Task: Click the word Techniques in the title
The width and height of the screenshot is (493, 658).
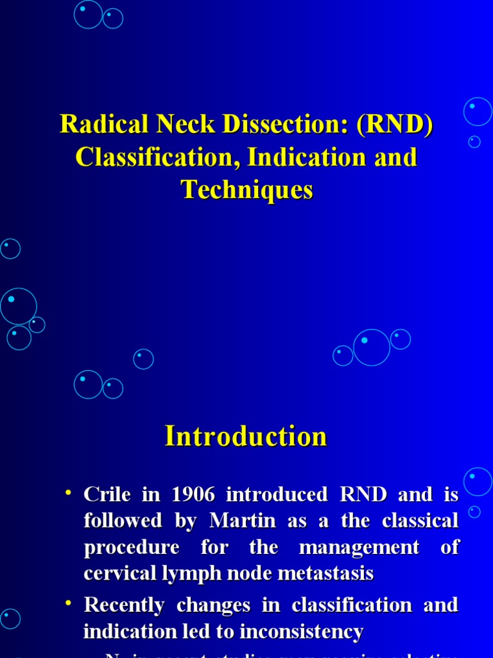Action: pyautogui.click(x=247, y=190)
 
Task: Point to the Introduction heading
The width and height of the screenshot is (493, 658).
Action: pyautogui.click(x=246, y=436)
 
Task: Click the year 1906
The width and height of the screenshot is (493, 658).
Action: pyautogui.click(x=193, y=495)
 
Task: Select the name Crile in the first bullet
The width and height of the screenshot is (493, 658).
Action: pyautogui.click(x=106, y=495)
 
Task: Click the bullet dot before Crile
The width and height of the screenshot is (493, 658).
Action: pyautogui.click(x=67, y=493)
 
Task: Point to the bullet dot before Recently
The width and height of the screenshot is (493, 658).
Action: pyautogui.click(x=67, y=604)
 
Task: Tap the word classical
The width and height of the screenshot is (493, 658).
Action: pyautogui.click(x=420, y=521)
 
